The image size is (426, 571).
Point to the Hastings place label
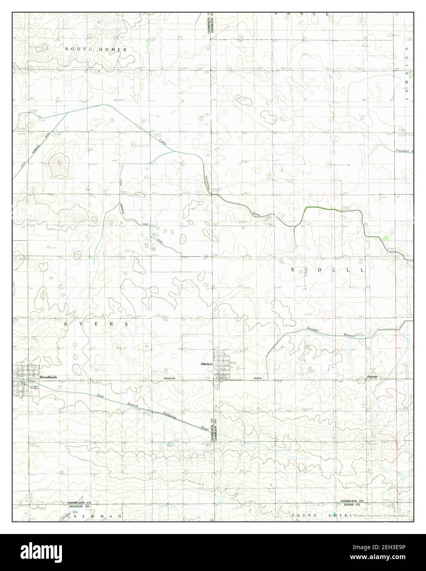coord(372,377)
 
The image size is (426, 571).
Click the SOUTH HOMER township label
coord(96,49)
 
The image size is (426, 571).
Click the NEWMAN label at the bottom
coord(98,516)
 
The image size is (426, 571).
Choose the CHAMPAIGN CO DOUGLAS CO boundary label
coord(80,505)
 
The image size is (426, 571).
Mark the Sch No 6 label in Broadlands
coord(37,387)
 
